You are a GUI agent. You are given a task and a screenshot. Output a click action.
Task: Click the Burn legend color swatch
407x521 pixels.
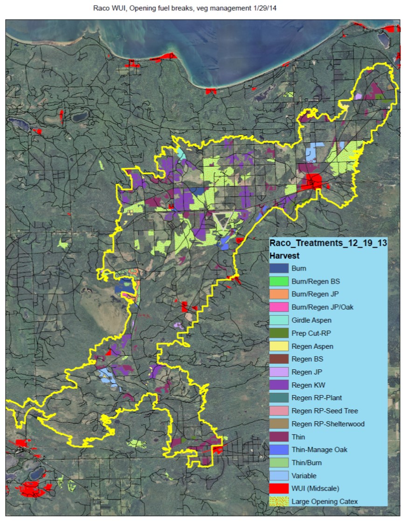tap(279, 269)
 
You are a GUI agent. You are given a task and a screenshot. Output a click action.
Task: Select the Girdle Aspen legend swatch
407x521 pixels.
tap(279, 320)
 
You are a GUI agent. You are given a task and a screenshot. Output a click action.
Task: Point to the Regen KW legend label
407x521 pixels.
tap(308, 385)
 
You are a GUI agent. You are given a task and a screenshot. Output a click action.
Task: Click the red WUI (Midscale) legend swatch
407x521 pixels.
tap(279, 489)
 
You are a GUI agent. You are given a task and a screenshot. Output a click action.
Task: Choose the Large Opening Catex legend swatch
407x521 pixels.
tap(279, 502)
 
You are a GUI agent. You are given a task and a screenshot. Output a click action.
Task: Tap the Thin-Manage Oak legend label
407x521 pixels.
tap(319, 450)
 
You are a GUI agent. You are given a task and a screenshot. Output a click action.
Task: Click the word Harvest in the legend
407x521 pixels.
tap(284, 256)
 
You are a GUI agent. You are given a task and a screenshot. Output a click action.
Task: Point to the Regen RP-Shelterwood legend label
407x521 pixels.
tap(328, 424)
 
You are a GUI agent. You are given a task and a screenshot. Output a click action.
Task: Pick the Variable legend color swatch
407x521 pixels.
tap(279, 476)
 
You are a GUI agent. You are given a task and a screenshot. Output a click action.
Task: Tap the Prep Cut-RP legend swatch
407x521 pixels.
tap(279, 333)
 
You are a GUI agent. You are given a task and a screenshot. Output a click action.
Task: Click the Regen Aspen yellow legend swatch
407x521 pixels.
tap(279, 347)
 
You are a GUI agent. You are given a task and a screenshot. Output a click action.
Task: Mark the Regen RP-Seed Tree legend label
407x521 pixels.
tap(325, 411)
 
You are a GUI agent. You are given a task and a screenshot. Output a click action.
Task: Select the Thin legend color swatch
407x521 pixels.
tap(279, 437)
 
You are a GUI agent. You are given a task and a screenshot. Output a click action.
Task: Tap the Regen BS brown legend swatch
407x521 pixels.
tap(279, 359)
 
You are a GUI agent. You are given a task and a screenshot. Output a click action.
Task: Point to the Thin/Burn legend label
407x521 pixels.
tap(306, 463)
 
